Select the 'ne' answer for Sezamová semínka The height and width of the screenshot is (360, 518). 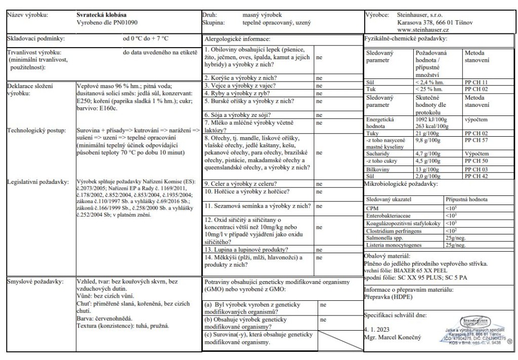pos(319,206)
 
